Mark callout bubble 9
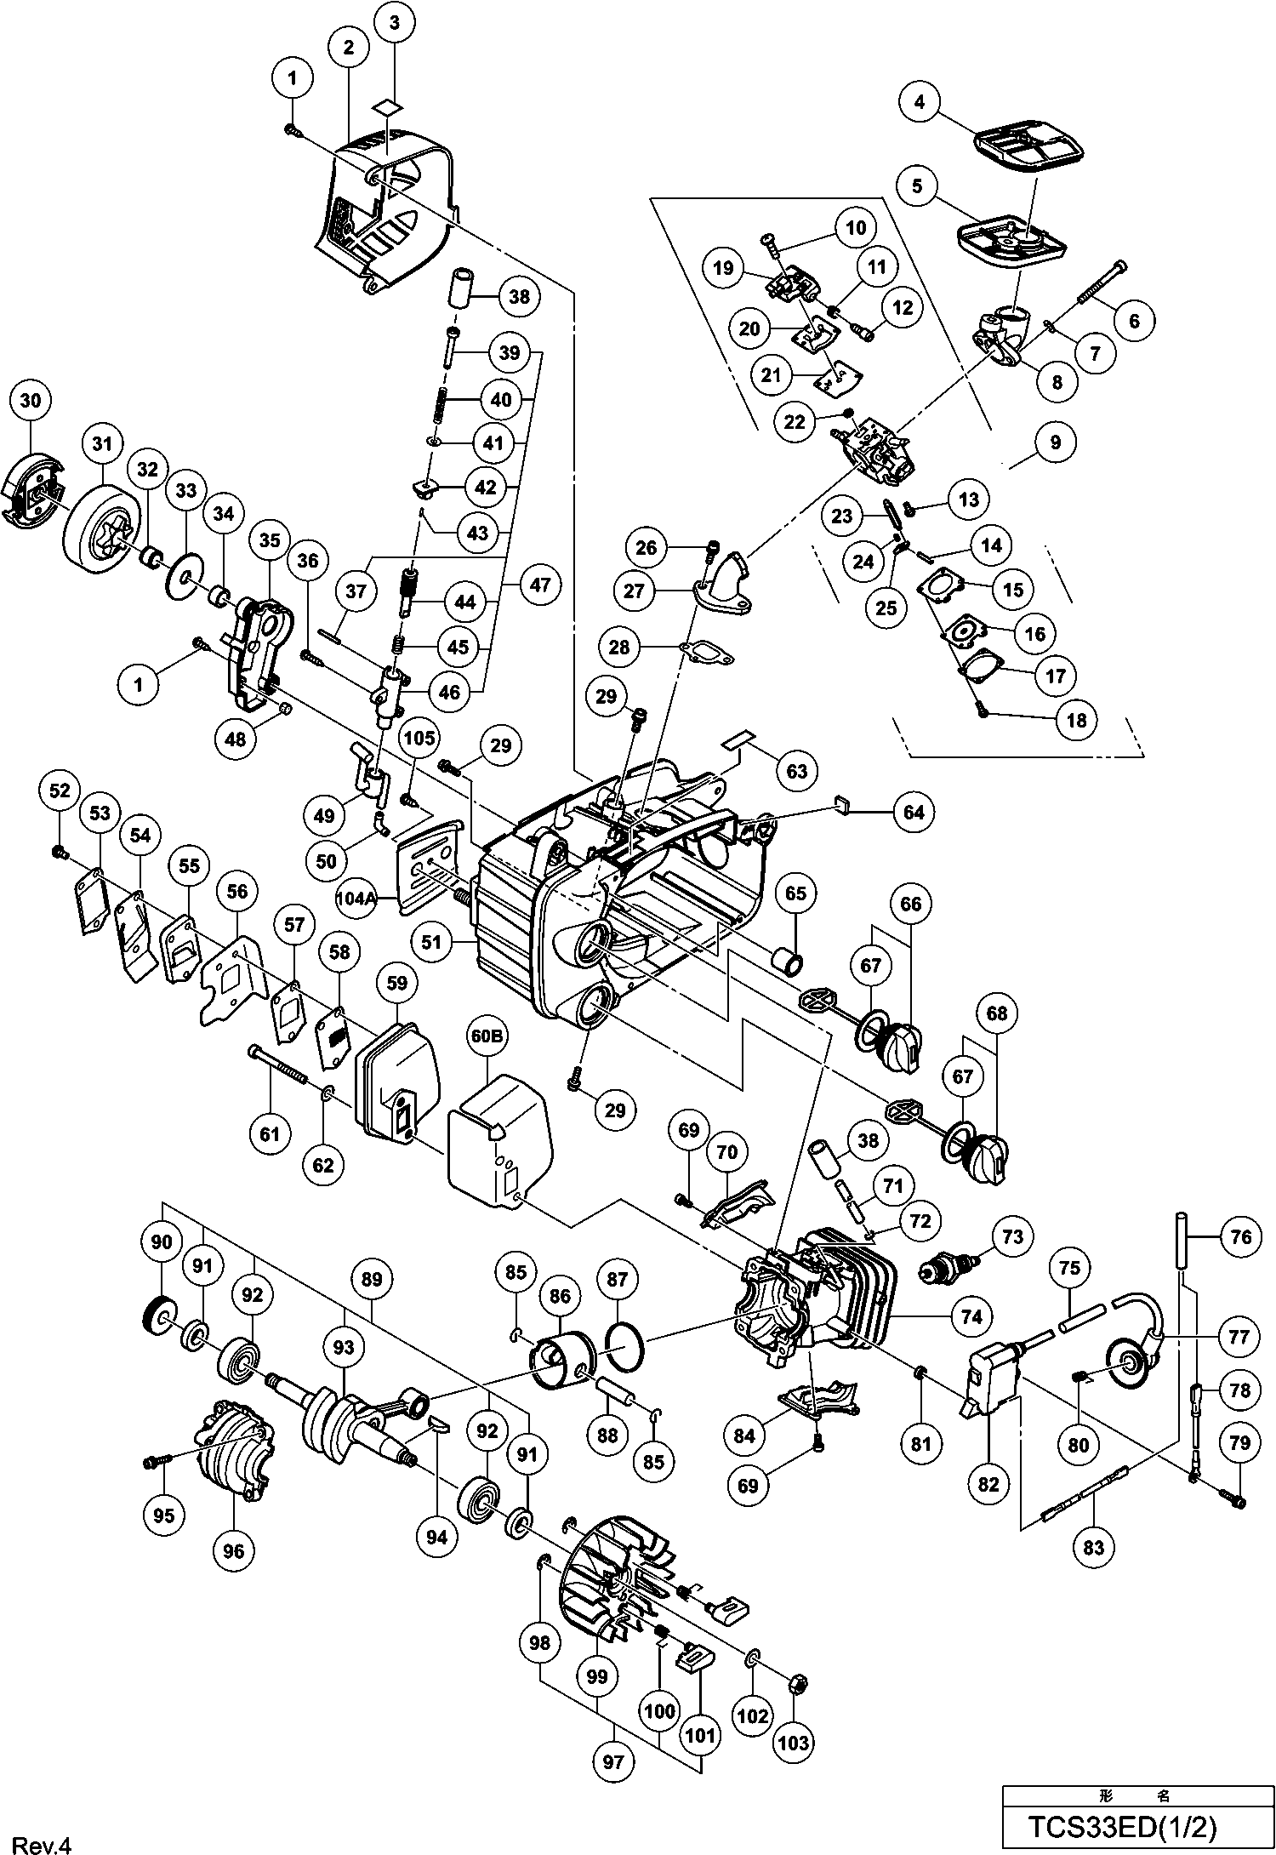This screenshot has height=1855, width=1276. tap(1056, 442)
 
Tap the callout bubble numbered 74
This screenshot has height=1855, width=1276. tap(971, 1317)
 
